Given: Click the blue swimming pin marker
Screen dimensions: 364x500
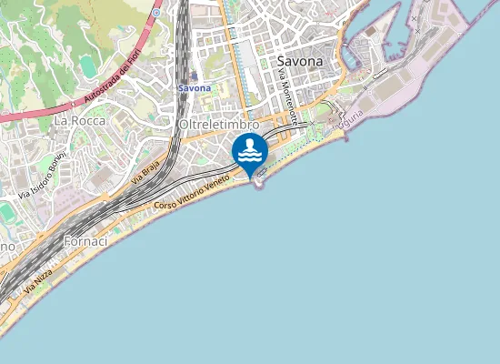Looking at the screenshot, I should [249, 153].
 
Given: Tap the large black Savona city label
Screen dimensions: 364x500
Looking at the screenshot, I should [299, 62].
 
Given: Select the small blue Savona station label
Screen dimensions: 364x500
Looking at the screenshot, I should [195, 88].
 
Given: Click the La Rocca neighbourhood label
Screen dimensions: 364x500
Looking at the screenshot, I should [80, 120].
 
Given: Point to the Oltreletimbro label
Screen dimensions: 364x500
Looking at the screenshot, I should [220, 124].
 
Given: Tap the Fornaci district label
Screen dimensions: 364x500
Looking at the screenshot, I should [86, 242].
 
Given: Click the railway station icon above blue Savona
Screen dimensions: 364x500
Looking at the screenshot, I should [195, 76].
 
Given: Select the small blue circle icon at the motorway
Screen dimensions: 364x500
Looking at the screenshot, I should [156, 13].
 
